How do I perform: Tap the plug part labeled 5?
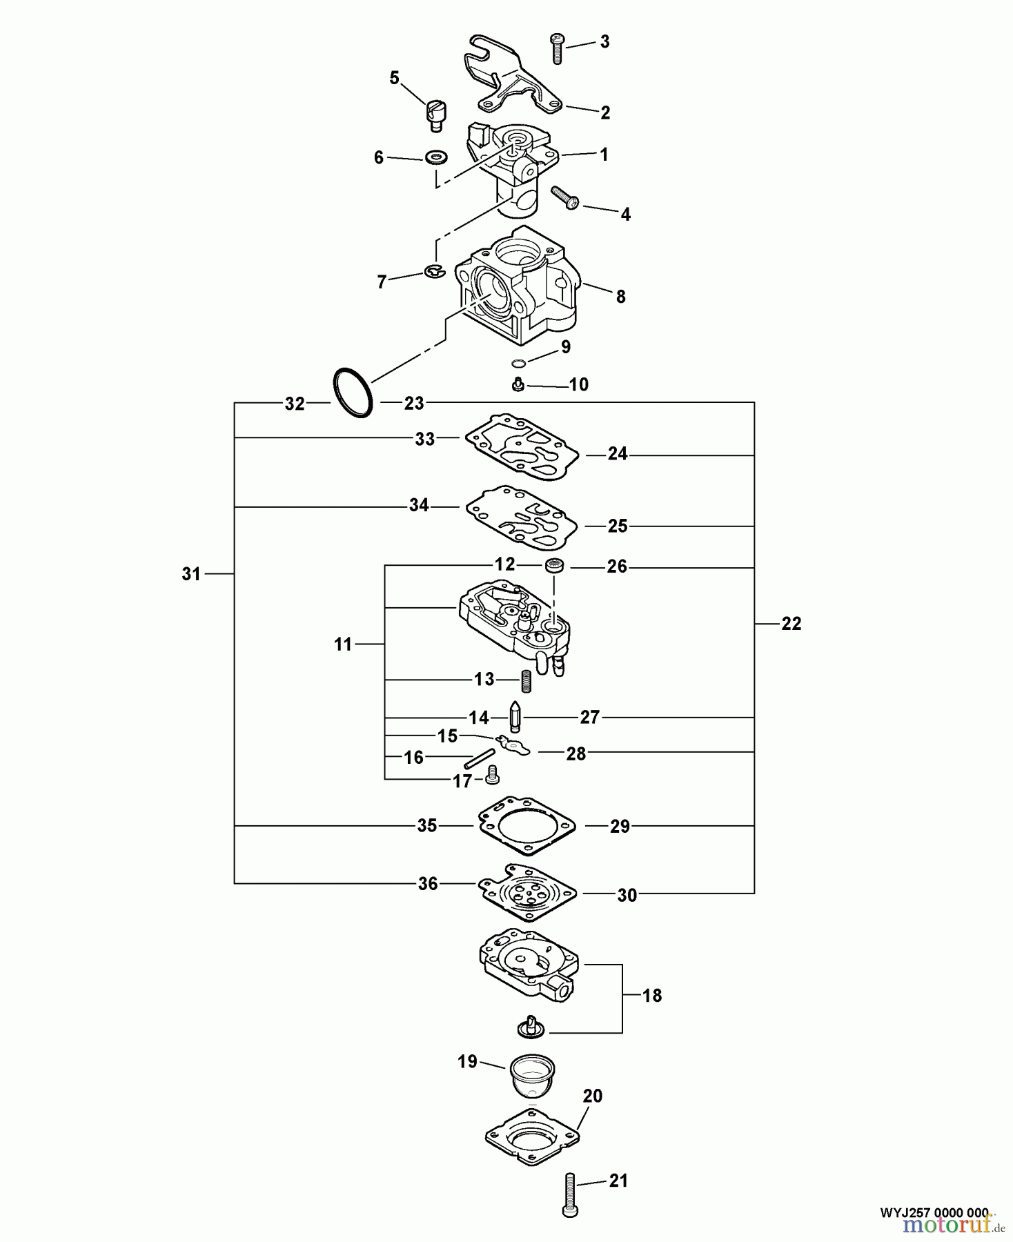tap(435, 115)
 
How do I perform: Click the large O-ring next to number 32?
tap(353, 394)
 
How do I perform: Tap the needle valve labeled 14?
tap(515, 718)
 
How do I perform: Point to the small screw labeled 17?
tap(493, 775)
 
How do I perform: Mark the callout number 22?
tap(791, 624)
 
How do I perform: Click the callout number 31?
tap(191, 573)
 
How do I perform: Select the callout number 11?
tap(343, 644)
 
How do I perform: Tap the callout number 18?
tap(651, 995)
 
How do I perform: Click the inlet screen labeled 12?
tap(553, 566)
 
